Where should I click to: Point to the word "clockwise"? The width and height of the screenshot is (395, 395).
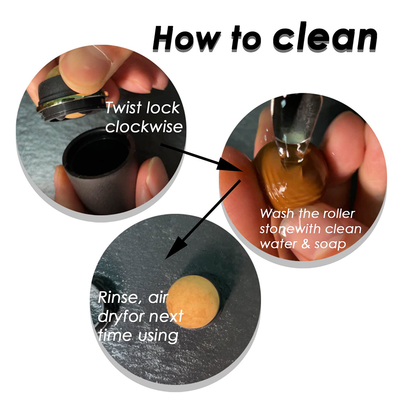pyautogui.click(x=144, y=126)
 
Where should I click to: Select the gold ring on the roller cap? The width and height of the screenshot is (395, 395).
pyautogui.click(x=71, y=102)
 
